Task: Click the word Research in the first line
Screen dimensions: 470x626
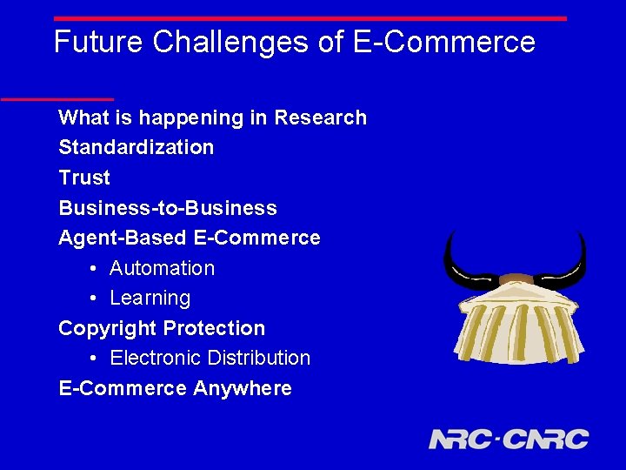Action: (320, 117)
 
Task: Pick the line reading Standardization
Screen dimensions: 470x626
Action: (136, 147)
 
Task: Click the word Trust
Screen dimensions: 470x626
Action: (84, 178)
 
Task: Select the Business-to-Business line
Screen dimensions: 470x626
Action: (167, 208)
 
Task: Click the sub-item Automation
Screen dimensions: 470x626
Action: (162, 268)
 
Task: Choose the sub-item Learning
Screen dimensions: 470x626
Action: (150, 298)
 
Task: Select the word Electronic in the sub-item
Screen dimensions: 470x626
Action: (155, 358)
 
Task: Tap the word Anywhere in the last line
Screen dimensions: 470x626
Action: (243, 388)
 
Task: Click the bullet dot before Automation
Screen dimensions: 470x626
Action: (93, 269)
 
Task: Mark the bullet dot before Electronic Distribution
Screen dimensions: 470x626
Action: (93, 359)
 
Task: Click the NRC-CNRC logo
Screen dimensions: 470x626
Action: (508, 439)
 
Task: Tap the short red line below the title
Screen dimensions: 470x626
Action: (57, 99)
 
